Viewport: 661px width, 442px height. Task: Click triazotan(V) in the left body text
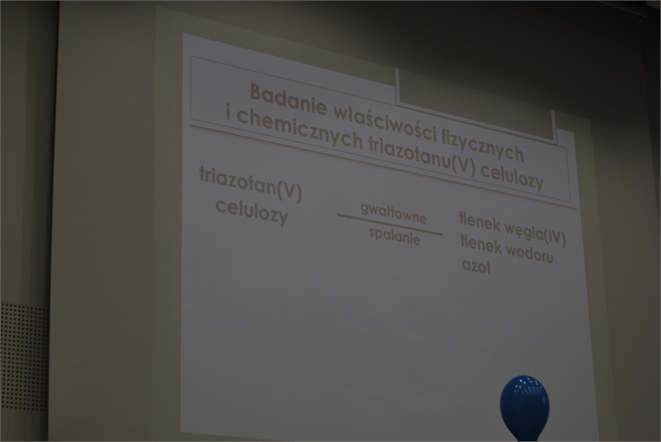[250, 184]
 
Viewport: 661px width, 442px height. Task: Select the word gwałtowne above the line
[393, 213]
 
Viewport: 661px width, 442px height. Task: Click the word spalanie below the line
[394, 237]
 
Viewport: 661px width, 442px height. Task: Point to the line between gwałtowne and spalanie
[390, 224]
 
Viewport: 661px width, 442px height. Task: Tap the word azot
[476, 266]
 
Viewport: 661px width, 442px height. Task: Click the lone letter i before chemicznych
[229, 113]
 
